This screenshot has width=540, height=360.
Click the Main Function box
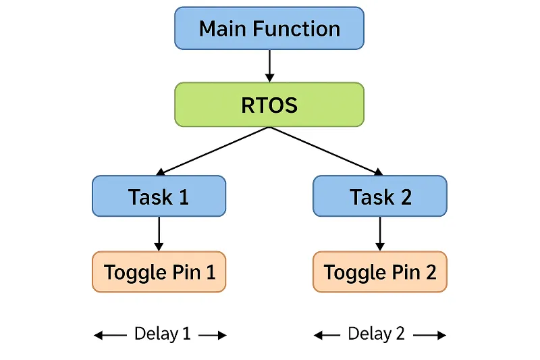pyautogui.click(x=269, y=28)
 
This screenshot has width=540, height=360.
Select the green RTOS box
pyautogui.click(x=269, y=105)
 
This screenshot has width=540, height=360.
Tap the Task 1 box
pyautogui.click(x=159, y=196)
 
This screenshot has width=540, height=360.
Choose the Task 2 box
pyautogui.click(x=380, y=196)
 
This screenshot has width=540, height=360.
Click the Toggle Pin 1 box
pyautogui.click(x=159, y=272)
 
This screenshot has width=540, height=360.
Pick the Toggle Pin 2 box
pyautogui.click(x=380, y=272)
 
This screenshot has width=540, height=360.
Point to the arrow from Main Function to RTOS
pyautogui.click(x=269, y=66)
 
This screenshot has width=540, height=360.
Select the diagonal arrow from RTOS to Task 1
pyautogui.click(x=213, y=151)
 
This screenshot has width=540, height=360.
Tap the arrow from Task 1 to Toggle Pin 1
pyautogui.click(x=159, y=234)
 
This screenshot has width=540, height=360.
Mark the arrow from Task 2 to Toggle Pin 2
pyautogui.click(x=380, y=234)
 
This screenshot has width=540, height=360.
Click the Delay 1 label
pyautogui.click(x=162, y=334)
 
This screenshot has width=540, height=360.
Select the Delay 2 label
pyautogui.click(x=376, y=334)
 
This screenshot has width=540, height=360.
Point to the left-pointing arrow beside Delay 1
pyautogui.click(x=110, y=335)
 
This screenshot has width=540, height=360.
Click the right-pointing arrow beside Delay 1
pyautogui.click(x=213, y=335)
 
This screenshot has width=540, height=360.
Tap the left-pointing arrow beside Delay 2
pyautogui.click(x=327, y=335)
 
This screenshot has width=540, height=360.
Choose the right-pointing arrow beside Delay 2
pyautogui.click(x=429, y=335)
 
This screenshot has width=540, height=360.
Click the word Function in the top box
pyautogui.click(x=296, y=28)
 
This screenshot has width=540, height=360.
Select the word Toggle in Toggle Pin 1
pyautogui.click(x=135, y=272)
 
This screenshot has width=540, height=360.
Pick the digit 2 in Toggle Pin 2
pyautogui.click(x=431, y=272)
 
